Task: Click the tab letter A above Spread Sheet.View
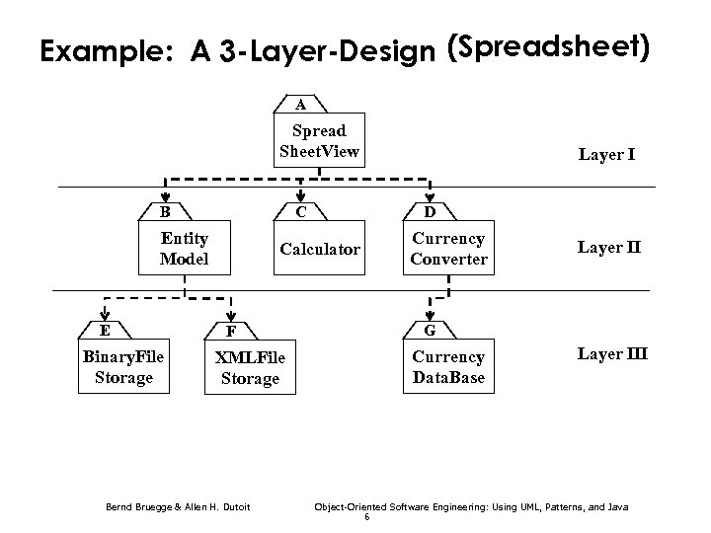(x=300, y=105)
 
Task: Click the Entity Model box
(x=185, y=249)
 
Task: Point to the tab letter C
(x=299, y=210)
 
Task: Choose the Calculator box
(x=320, y=250)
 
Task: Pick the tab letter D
(x=428, y=210)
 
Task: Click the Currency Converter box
(x=448, y=249)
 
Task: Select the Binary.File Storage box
(x=123, y=367)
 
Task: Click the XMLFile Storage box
(x=250, y=368)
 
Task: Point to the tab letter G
(x=428, y=330)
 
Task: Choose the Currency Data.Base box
(x=448, y=367)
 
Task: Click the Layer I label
(x=606, y=155)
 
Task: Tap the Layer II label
(x=609, y=247)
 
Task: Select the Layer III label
(x=612, y=354)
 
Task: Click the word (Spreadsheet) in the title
(x=548, y=47)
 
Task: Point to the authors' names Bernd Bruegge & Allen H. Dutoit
(x=177, y=507)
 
